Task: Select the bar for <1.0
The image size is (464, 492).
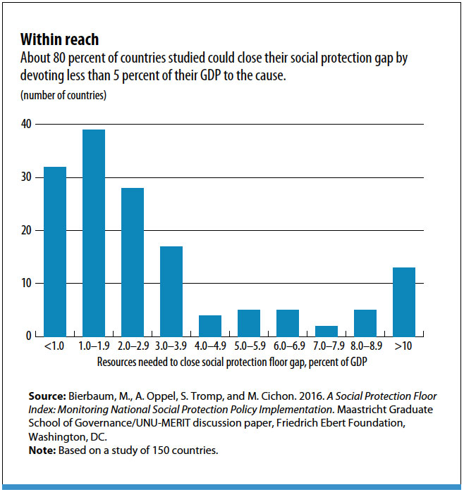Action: pos(55,251)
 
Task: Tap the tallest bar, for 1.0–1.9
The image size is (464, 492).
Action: pos(94,233)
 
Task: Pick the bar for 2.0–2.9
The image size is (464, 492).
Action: pos(133,262)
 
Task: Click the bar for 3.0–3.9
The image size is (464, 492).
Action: pos(171,291)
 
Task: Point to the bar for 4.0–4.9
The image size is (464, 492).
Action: pos(210,326)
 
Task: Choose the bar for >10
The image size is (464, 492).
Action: pos(404,302)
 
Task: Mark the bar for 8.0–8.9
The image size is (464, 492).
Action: pos(365,323)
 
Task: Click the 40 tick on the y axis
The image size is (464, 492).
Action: pos(27,125)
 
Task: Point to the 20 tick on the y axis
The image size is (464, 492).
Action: pos(27,230)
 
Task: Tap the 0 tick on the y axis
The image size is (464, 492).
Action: pos(30,336)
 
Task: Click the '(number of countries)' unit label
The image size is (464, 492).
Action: pos(63,95)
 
